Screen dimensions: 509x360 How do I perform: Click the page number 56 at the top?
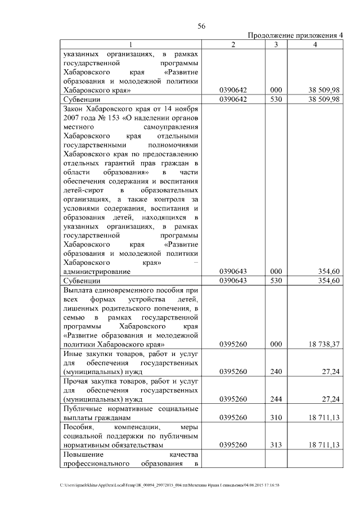pyautogui.click(x=201, y=26)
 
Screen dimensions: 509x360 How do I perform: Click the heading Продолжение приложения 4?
pyautogui.click(x=296, y=35)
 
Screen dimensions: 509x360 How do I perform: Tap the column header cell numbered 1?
pyautogui.click(x=130, y=44)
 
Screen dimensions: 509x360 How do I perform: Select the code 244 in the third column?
pyautogui.click(x=276, y=400)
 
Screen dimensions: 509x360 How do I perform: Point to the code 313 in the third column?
pyautogui.click(x=276, y=445)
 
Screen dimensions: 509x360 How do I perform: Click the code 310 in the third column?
pyautogui.click(x=276, y=418)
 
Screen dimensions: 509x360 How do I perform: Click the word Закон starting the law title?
pyautogui.click(x=74, y=108)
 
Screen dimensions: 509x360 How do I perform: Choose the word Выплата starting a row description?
pyautogui.click(x=79, y=289)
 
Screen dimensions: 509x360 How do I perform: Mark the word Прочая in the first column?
pyautogui.click(x=78, y=381)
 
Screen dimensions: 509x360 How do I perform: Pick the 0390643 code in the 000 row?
pyautogui.click(x=233, y=271)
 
